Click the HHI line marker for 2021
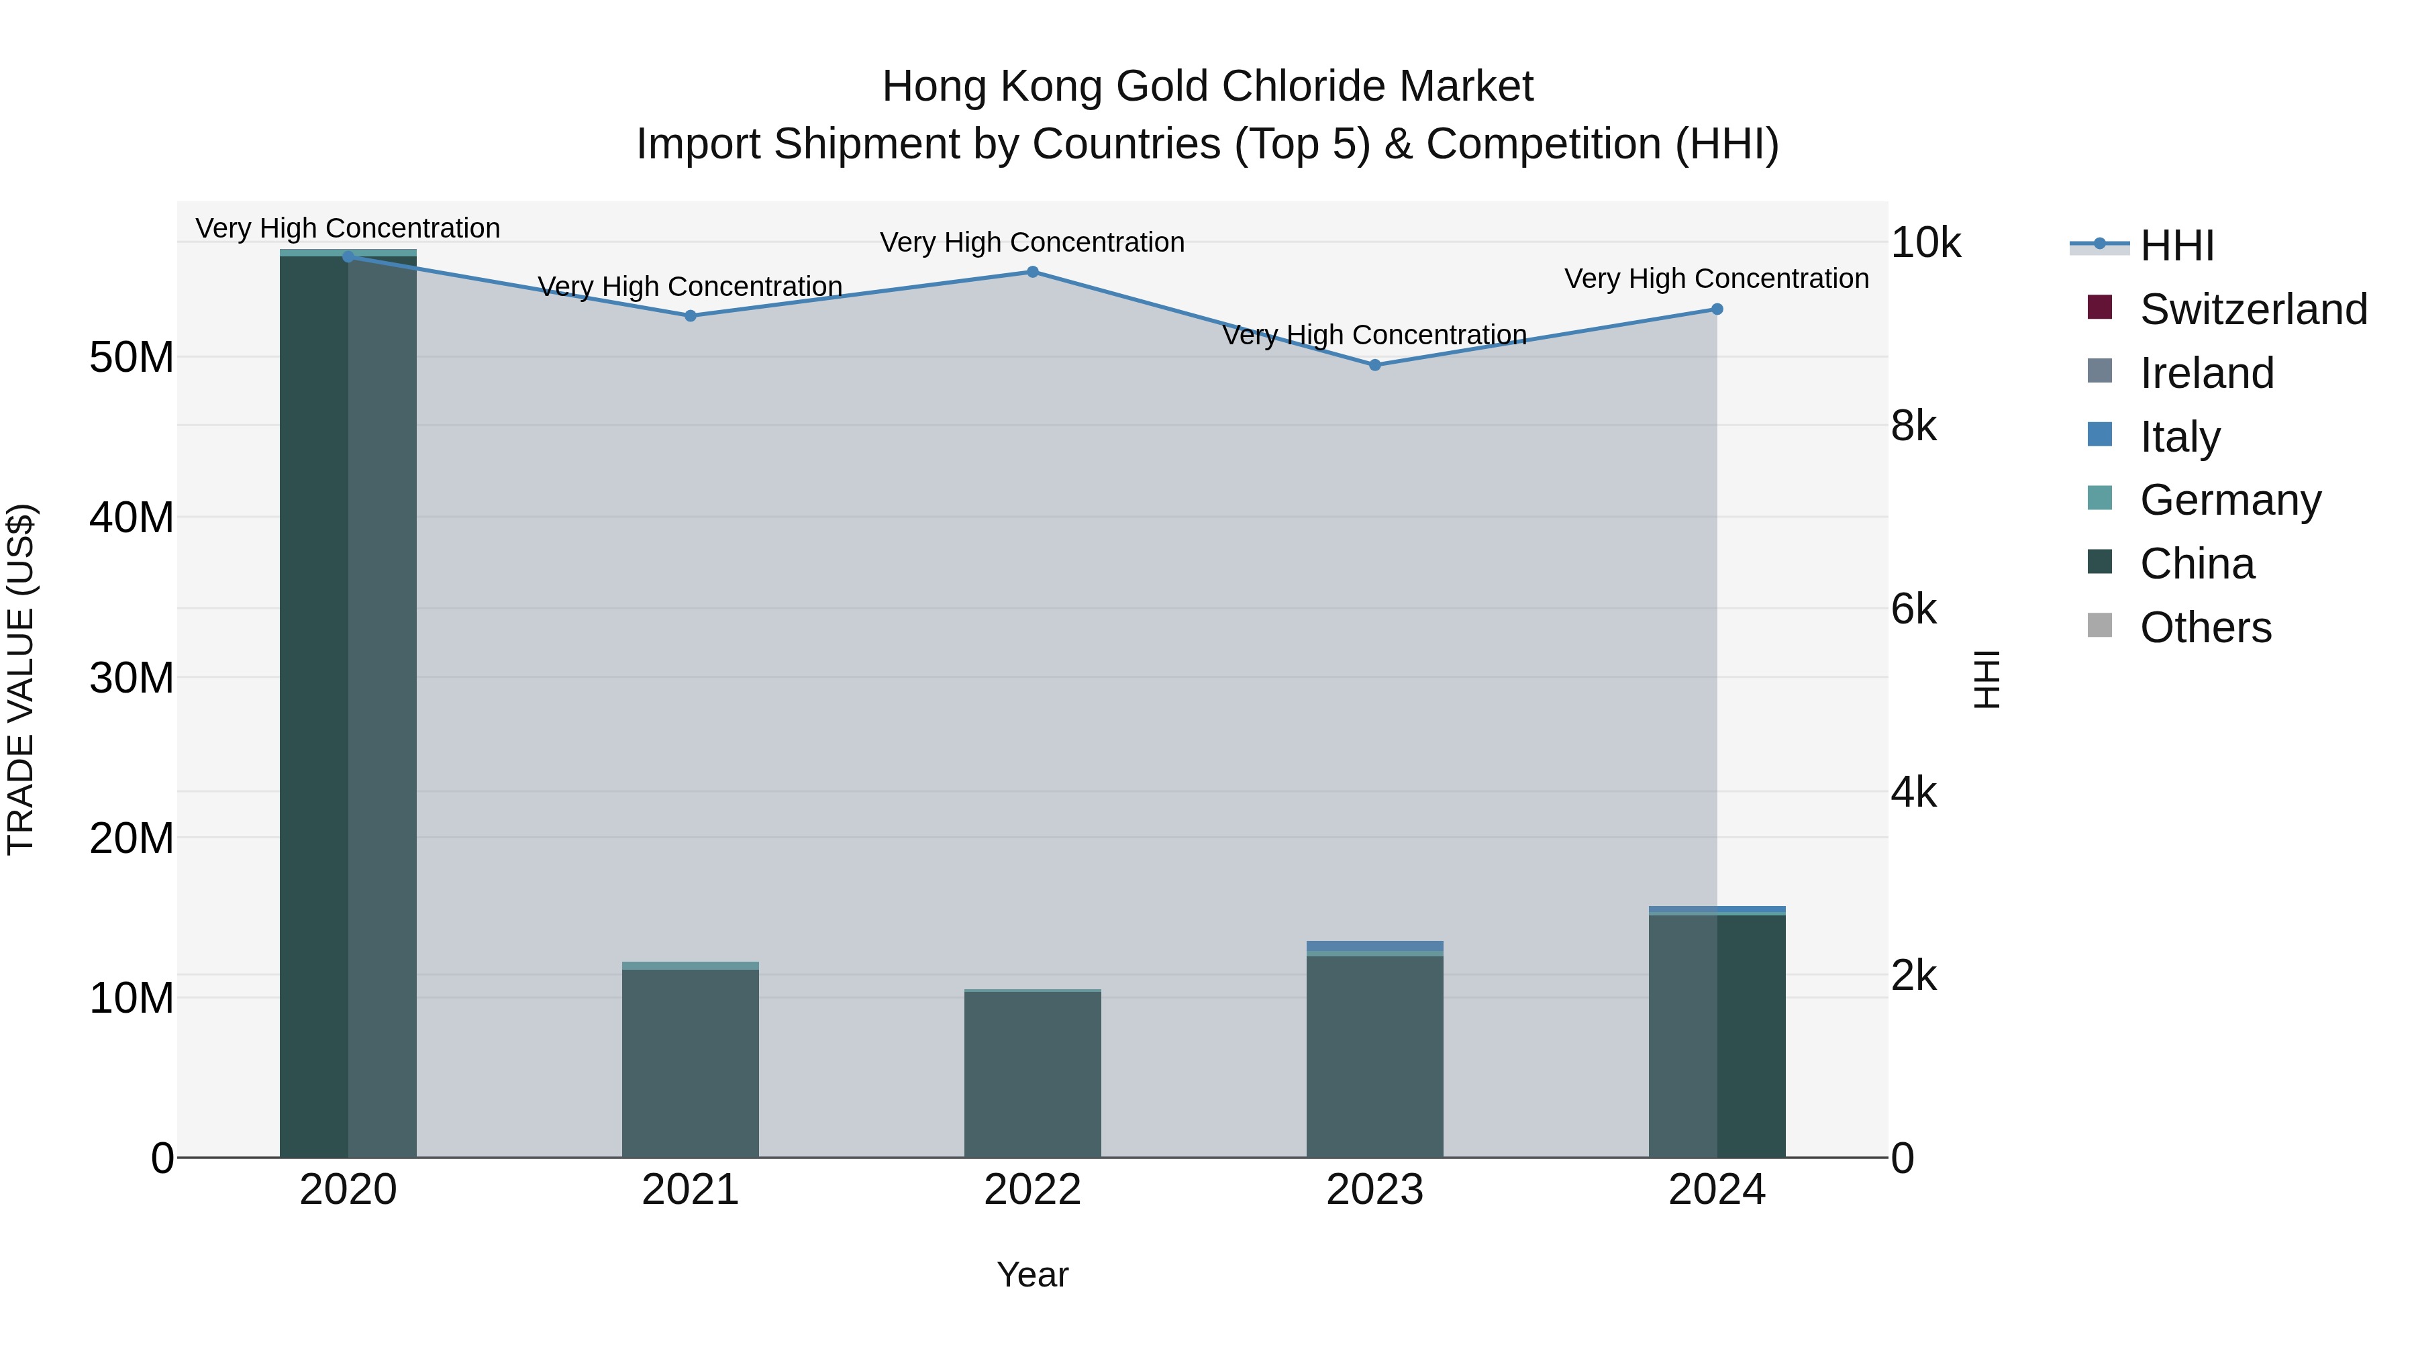(x=691, y=316)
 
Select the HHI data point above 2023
(x=1375, y=365)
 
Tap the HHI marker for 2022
(x=1033, y=272)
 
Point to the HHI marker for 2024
(x=1717, y=309)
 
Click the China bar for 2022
(x=1033, y=1074)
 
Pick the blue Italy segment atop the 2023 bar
(x=1375, y=946)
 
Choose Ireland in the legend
(x=2206, y=373)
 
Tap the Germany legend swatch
(x=2100, y=498)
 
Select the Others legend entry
(x=2204, y=627)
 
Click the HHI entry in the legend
(x=2176, y=246)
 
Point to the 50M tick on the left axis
(x=132, y=357)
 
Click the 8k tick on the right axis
(x=1913, y=427)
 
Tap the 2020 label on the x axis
(x=348, y=1190)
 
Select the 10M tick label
(x=132, y=999)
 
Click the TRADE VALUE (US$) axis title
(x=21, y=679)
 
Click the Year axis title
(x=1033, y=1274)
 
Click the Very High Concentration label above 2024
(x=1716, y=279)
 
